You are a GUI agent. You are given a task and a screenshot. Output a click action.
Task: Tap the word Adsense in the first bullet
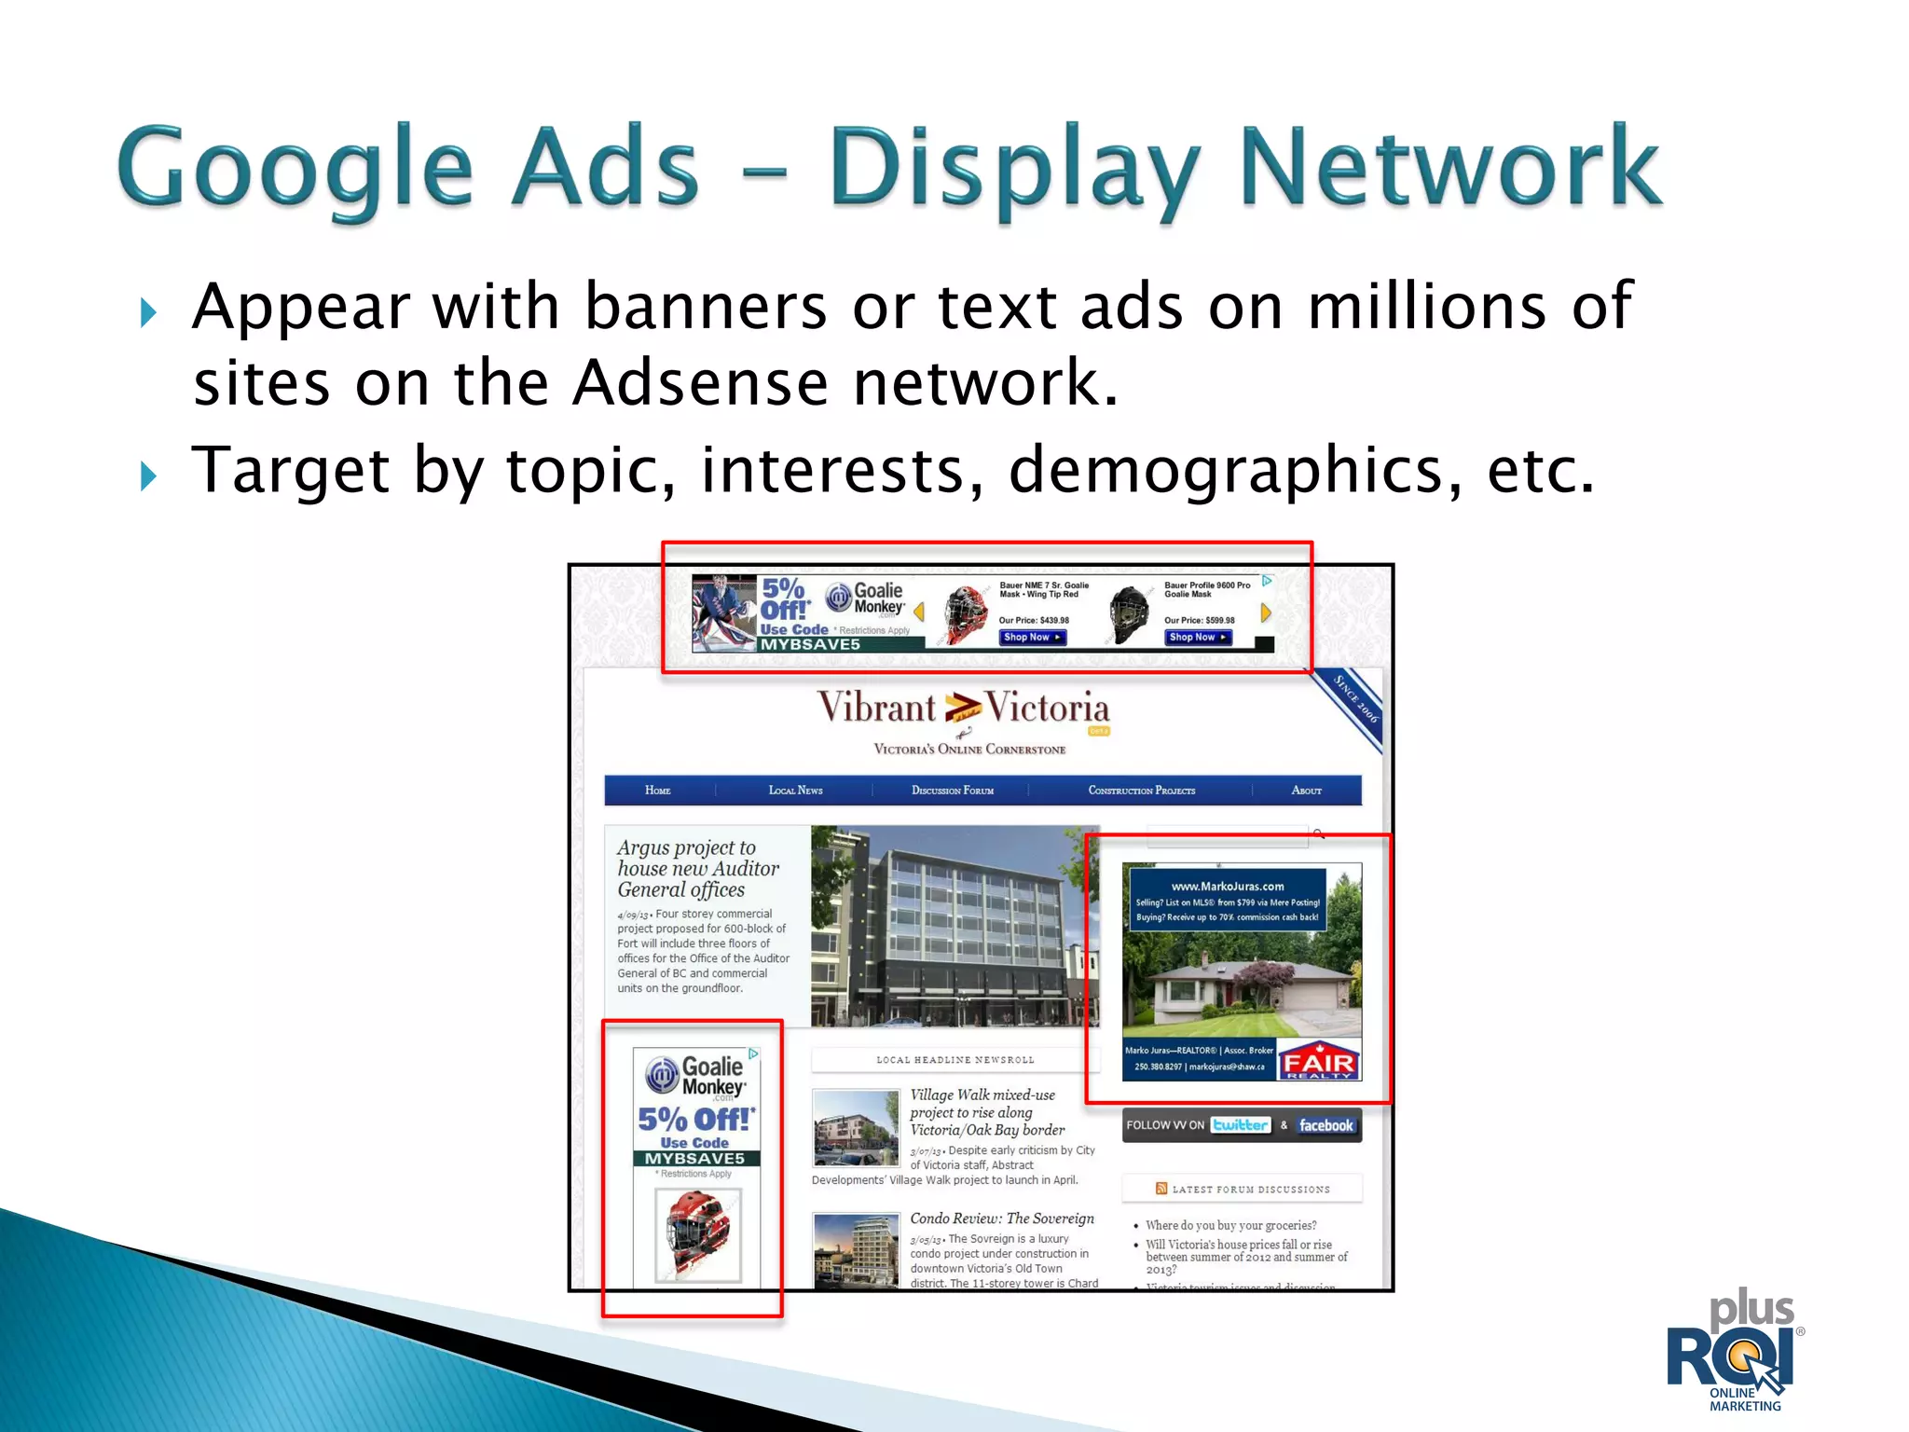click(699, 383)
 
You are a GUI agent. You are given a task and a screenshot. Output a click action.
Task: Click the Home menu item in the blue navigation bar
click(657, 791)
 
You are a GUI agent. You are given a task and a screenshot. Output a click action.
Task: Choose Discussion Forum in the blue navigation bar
click(952, 791)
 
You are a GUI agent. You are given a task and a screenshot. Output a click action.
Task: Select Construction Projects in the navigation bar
click(1141, 791)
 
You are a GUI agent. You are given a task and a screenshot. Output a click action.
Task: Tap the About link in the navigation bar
click(1306, 791)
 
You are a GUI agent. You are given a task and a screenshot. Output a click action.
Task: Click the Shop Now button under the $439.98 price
click(1032, 638)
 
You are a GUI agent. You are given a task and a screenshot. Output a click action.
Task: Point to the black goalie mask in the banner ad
click(1130, 613)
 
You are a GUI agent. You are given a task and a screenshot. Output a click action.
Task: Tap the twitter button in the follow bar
click(1240, 1125)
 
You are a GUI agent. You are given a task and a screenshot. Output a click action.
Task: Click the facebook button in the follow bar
click(1325, 1126)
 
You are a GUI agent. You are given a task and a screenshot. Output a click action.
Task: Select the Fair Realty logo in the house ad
click(1317, 1062)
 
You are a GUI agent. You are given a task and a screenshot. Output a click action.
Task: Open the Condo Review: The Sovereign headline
click(1001, 1219)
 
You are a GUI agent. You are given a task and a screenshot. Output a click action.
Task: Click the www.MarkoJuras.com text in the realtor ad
click(1227, 887)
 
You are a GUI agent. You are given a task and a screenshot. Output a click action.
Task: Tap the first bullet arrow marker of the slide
click(148, 313)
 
